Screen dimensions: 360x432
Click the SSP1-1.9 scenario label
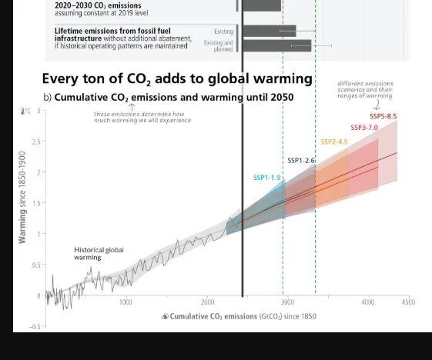pyautogui.click(x=268, y=178)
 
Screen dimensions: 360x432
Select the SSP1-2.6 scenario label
pyautogui.click(x=302, y=160)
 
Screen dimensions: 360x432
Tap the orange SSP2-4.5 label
pyautogui.click(x=334, y=142)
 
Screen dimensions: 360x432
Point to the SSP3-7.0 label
pyautogui.click(x=363, y=127)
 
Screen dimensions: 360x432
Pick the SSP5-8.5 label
pyautogui.click(x=383, y=115)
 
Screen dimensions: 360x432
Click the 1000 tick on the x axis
pyautogui.click(x=126, y=302)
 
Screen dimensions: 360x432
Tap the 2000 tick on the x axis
pyautogui.click(x=207, y=302)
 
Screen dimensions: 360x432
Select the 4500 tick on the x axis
pyautogui.click(x=407, y=302)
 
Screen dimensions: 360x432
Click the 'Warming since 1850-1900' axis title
pyautogui.click(x=22, y=197)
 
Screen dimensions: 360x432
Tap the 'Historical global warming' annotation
pyautogui.click(x=99, y=254)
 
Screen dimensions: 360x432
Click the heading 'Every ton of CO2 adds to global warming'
pyautogui.click(x=176, y=78)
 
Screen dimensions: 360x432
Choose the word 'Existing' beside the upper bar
pyautogui.click(x=223, y=32)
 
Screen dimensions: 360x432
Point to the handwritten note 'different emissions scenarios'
pyautogui.click(x=366, y=90)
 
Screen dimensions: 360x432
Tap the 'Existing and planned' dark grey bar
pyautogui.click(x=276, y=46)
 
